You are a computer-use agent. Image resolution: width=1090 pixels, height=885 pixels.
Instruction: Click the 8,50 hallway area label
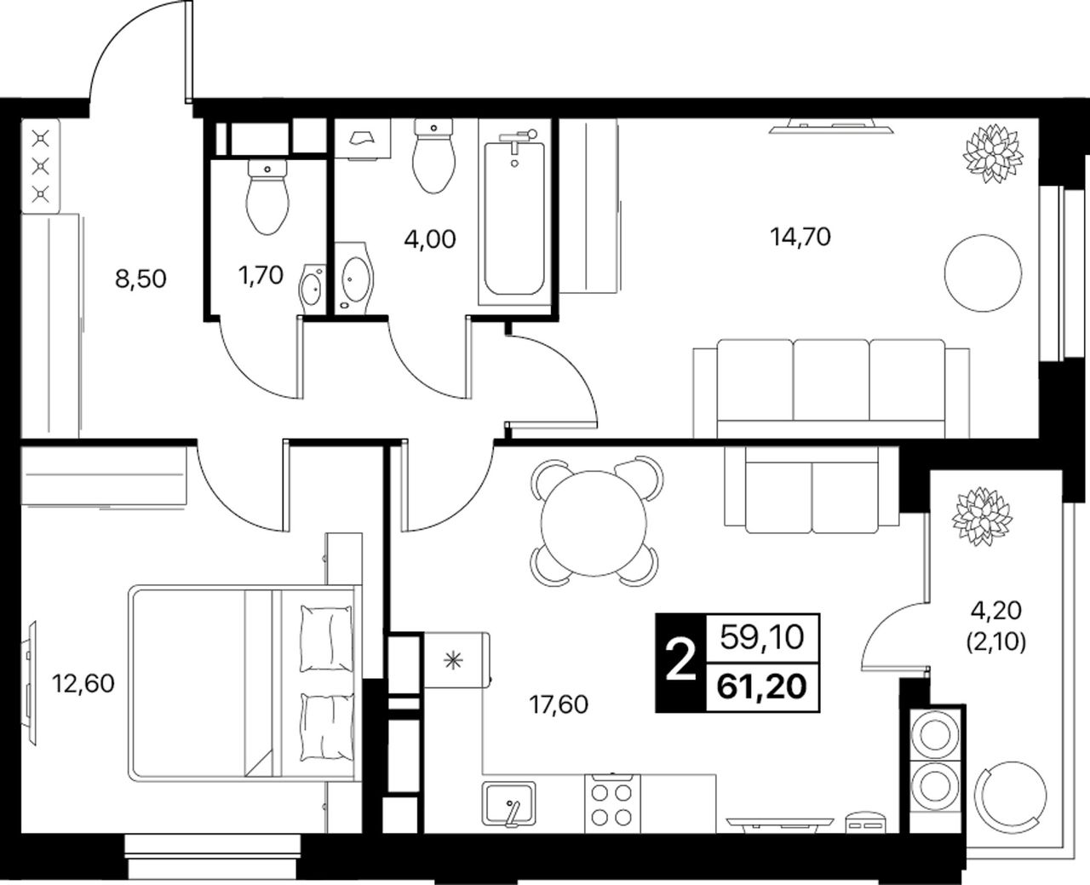141,279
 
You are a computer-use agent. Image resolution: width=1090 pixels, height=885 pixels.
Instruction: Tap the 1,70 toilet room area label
261,276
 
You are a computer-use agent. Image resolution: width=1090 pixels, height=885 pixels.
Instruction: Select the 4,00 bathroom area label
430,239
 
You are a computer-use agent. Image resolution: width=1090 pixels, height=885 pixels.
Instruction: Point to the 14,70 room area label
800,238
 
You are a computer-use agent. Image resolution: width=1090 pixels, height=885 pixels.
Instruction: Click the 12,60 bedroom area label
83,683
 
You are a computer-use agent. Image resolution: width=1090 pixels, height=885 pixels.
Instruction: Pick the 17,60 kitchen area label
559,704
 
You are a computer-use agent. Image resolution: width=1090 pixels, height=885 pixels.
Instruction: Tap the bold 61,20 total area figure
762,687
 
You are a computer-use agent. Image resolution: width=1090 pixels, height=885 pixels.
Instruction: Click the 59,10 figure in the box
762,638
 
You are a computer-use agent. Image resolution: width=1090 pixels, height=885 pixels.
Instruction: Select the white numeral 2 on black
680,663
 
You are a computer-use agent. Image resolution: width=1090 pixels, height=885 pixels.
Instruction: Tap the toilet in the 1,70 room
267,197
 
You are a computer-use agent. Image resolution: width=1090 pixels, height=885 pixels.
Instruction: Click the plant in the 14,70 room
993,153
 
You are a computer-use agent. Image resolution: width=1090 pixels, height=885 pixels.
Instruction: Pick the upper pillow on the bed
326,639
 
